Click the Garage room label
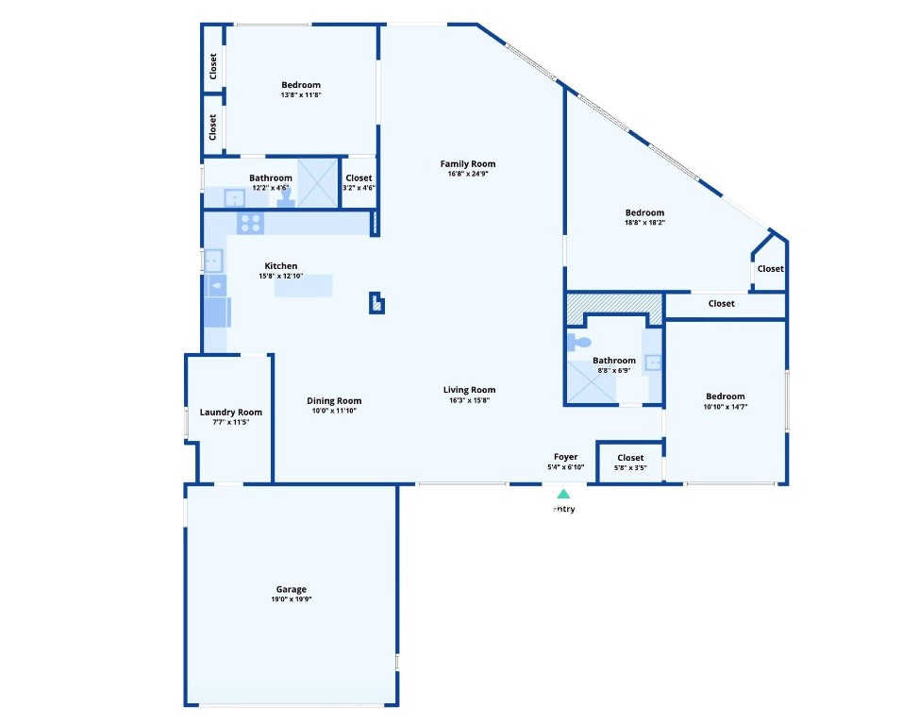[291, 590]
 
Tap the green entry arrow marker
[563, 493]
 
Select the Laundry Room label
[231, 412]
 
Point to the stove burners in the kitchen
[250, 223]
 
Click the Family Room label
[472, 164]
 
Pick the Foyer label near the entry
[566, 457]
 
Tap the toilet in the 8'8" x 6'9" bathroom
[579, 343]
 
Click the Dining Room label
[335, 400]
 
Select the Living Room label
[470, 390]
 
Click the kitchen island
[304, 285]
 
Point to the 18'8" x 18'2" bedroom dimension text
[644, 223]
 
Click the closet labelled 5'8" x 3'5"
[630, 462]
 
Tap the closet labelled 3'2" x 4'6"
[359, 182]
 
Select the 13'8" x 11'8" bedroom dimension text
[301, 95]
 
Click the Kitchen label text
[281, 266]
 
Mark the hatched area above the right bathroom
[613, 305]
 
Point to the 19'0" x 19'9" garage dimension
[291, 599]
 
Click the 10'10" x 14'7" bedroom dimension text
[725, 407]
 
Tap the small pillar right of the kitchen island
[376, 303]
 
